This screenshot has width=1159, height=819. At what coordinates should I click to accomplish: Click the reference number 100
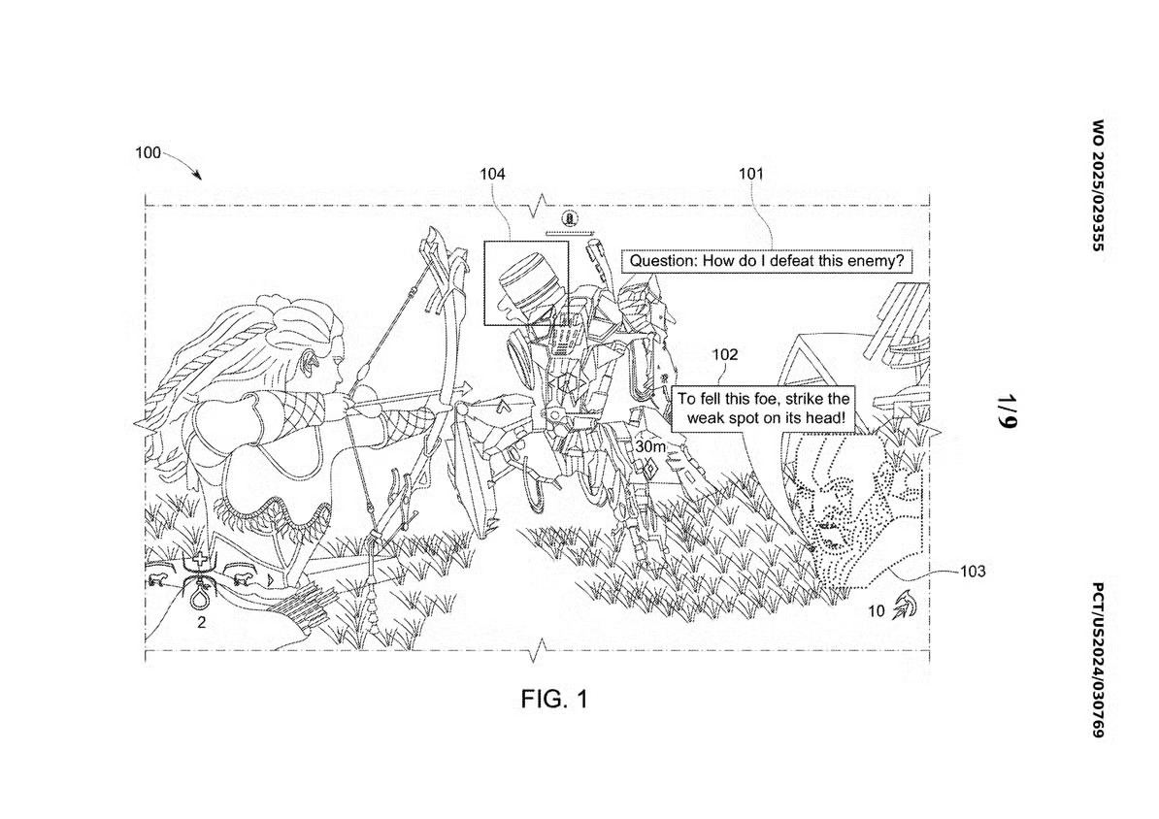pyautogui.click(x=148, y=153)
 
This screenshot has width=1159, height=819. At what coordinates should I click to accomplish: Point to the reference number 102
pyautogui.click(x=725, y=355)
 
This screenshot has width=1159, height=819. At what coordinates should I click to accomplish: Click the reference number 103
pyautogui.click(x=973, y=572)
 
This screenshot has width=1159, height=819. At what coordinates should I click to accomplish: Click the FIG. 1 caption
pyautogui.click(x=553, y=699)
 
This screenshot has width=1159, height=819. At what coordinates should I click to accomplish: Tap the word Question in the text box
pyautogui.click(x=663, y=261)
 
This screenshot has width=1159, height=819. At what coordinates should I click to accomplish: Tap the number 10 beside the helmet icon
pyautogui.click(x=876, y=611)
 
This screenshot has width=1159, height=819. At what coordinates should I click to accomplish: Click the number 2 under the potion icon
pyautogui.click(x=202, y=624)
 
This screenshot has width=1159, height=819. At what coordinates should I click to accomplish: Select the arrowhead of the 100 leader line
pyautogui.click(x=198, y=177)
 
